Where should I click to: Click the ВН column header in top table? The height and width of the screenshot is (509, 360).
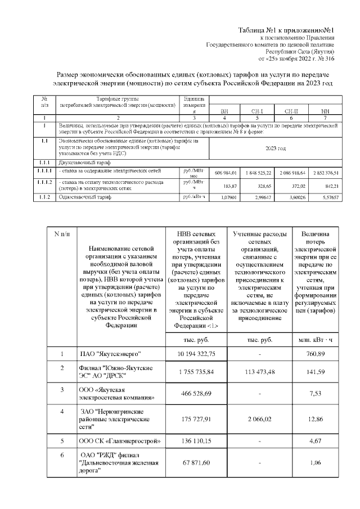pyautogui.click(x=224, y=111)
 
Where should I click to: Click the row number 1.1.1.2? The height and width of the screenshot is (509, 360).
pyautogui.click(x=44, y=183)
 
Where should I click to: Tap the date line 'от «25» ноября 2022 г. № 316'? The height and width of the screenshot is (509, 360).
pyautogui.click(x=296, y=58)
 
